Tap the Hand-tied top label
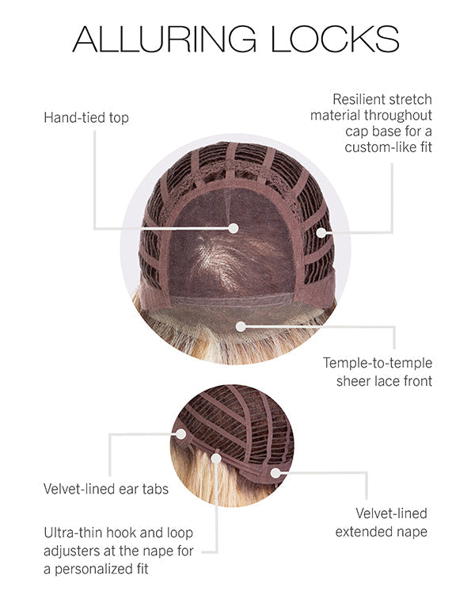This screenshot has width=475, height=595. tap(86, 118)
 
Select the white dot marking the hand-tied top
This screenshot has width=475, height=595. tap(234, 228)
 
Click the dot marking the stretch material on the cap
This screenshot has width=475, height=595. tap(322, 232)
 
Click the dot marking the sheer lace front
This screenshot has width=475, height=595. tap(241, 326)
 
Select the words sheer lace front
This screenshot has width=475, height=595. tap(377, 381)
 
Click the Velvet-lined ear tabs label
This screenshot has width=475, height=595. tap(106, 489)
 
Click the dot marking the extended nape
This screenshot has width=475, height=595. tap(275, 473)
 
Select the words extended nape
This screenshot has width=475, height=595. tap(382, 531)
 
